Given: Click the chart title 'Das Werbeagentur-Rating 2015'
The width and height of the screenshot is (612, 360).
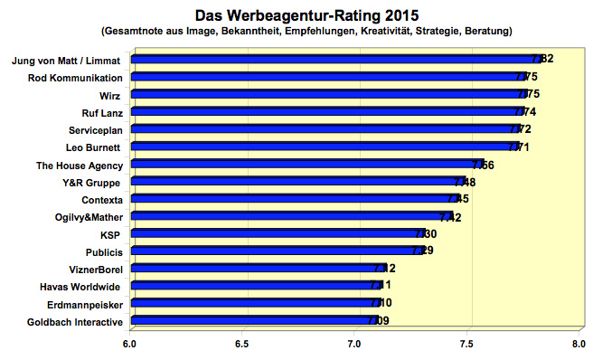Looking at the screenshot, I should click(x=306, y=14).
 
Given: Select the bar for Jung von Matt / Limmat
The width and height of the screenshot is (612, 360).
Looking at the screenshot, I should click(x=334, y=60).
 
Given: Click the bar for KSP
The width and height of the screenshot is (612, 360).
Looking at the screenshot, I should click(x=277, y=233).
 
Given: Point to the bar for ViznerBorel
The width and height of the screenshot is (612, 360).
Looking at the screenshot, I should click(x=257, y=268).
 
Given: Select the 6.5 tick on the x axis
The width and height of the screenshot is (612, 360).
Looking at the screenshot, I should click(x=242, y=344).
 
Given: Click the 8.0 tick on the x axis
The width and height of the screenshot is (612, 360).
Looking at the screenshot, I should click(x=579, y=344).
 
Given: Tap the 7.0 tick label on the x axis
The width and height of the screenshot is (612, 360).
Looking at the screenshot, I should click(x=354, y=344).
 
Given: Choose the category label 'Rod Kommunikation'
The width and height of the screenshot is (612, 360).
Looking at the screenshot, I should click(x=77, y=78).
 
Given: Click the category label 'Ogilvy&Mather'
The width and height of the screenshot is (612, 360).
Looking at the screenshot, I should click(x=86, y=217).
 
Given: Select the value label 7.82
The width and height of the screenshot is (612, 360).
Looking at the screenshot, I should click(x=542, y=60).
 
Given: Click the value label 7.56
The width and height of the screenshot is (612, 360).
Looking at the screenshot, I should click(x=483, y=165).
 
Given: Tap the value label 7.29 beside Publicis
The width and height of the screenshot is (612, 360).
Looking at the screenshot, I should click(x=423, y=251).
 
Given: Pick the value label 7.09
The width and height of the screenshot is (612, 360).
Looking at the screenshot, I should click(x=379, y=320).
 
